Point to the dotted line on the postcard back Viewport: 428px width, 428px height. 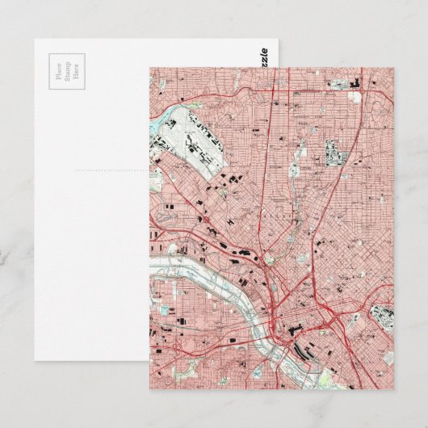coord(113,171)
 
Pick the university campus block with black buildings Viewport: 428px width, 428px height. coord(335,150)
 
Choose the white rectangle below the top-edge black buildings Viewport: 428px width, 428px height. coord(356,97)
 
